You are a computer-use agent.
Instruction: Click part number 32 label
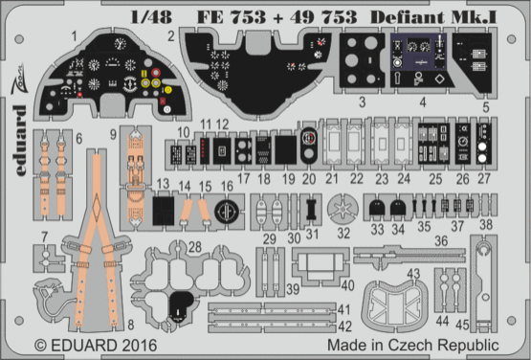tap(343, 232)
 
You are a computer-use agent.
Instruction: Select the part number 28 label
tap(194, 249)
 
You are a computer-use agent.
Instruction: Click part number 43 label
tap(414, 274)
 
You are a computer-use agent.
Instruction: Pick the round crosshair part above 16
tap(225, 211)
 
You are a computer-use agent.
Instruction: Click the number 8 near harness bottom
tap(130, 326)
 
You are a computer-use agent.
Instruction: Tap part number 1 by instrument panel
tap(73, 34)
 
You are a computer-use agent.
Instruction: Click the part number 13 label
tap(165, 183)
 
